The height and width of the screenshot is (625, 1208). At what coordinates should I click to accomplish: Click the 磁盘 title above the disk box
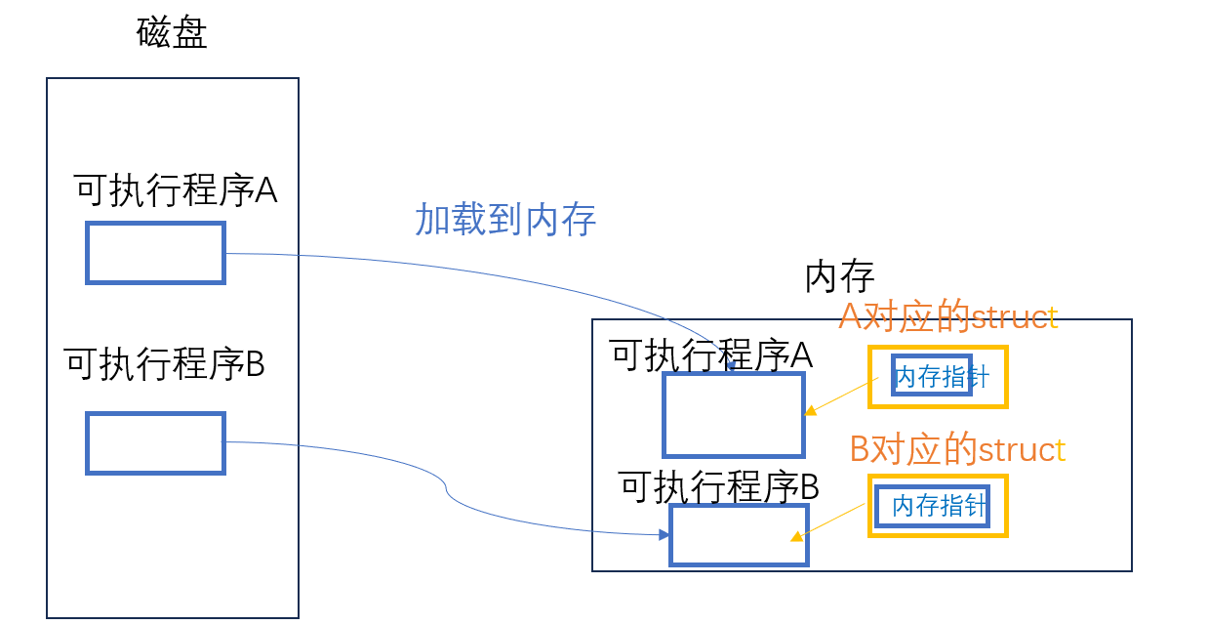pyautogui.click(x=172, y=33)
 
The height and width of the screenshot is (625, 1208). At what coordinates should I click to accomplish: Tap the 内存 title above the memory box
pyautogui.click(x=839, y=276)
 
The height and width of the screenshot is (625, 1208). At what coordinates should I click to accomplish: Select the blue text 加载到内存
pyautogui.click(x=505, y=219)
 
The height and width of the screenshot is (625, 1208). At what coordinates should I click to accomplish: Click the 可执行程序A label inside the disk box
pyautogui.click(x=176, y=190)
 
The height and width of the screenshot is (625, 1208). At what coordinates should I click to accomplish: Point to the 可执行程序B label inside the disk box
pyautogui.click(x=165, y=364)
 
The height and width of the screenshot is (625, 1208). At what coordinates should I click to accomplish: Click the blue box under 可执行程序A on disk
pyautogui.click(x=155, y=253)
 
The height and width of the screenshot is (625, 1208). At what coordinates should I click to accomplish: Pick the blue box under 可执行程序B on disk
pyautogui.click(x=155, y=442)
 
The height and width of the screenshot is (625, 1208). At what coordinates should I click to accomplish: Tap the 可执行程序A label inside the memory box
pyautogui.click(x=711, y=355)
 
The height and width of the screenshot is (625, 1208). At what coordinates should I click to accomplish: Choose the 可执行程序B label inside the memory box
pyautogui.click(x=718, y=486)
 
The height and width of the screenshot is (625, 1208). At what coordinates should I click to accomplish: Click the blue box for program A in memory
pyautogui.click(x=733, y=415)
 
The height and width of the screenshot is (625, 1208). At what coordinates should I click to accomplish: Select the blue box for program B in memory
pyautogui.click(x=739, y=534)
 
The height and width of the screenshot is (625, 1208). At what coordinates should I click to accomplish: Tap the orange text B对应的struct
pyautogui.click(x=957, y=449)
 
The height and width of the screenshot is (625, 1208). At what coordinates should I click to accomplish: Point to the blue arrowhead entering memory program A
pyautogui.click(x=731, y=366)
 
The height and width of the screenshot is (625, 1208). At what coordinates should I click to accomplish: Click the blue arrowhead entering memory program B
pyautogui.click(x=664, y=534)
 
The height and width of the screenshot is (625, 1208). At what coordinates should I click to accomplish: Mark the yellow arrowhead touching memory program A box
pyautogui.click(x=809, y=411)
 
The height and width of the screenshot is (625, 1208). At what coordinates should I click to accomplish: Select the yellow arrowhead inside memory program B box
pyautogui.click(x=796, y=536)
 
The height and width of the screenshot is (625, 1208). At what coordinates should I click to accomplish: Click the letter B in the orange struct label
pyautogui.click(x=859, y=450)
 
